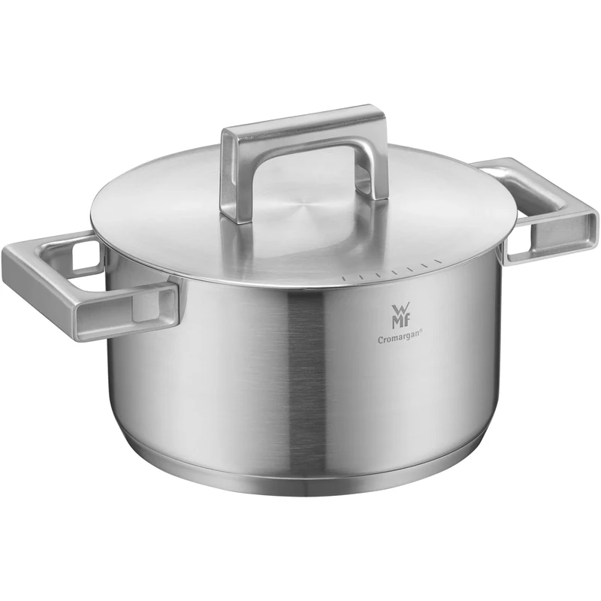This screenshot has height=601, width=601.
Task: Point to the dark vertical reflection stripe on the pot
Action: click(x=308, y=376)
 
